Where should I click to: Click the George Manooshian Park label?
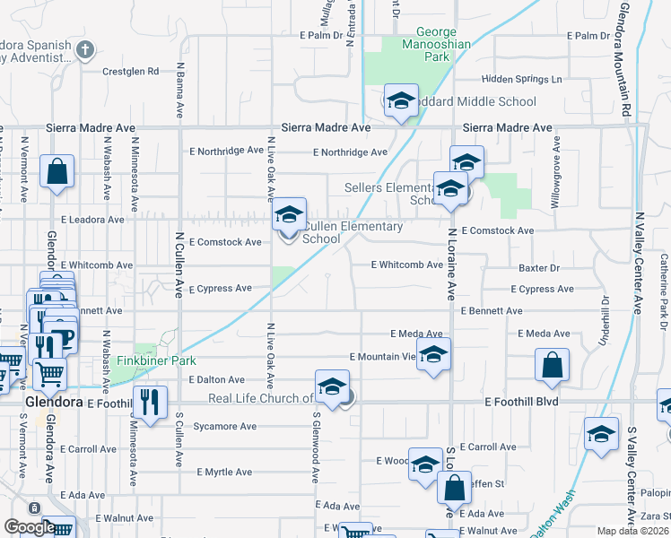click(x=419, y=44)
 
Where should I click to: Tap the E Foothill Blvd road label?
click(x=520, y=402)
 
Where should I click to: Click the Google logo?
click(x=30, y=527)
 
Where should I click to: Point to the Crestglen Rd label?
click(x=130, y=71)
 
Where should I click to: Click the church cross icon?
click(x=85, y=49)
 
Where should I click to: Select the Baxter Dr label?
click(x=539, y=268)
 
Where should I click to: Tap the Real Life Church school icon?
click(x=332, y=387)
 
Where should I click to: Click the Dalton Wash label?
click(x=549, y=520)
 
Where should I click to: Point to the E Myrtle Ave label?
click(x=224, y=472)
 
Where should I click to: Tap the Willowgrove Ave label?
click(x=556, y=170)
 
